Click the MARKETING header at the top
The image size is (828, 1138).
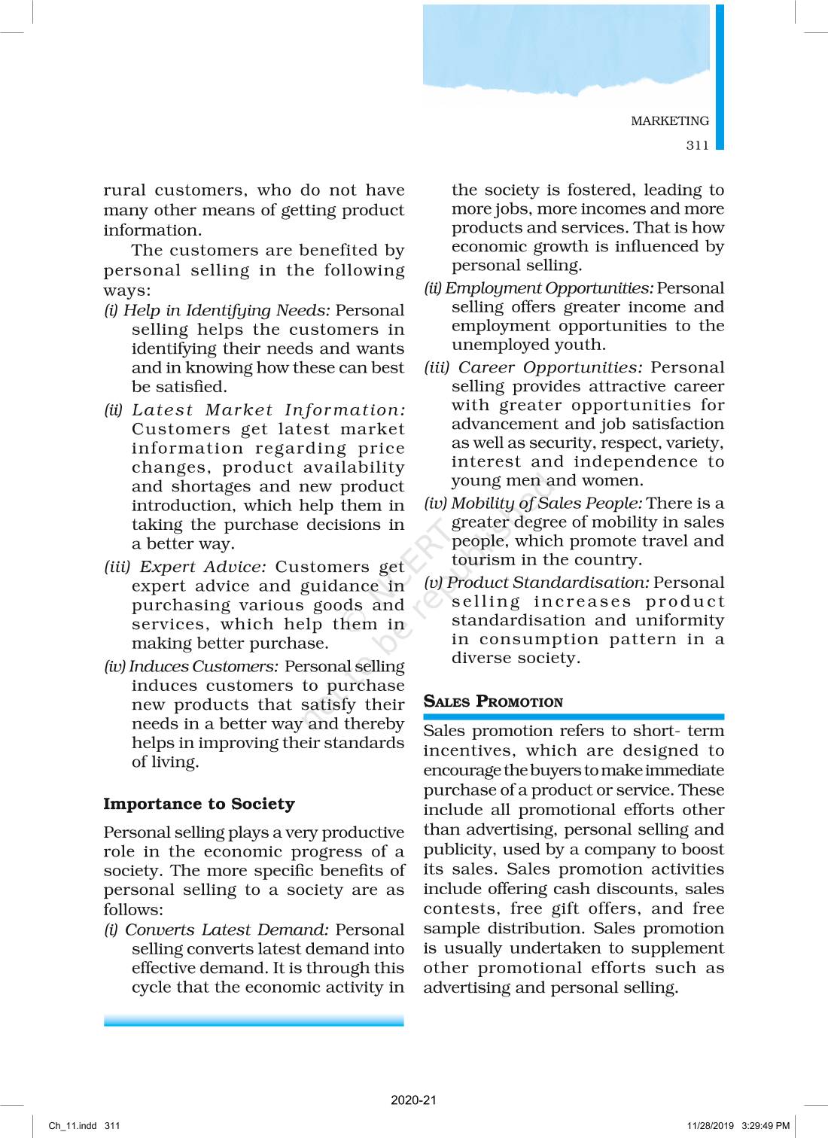pyautogui.click(x=669, y=121)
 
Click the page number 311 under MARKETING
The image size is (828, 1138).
pyautogui.click(x=697, y=145)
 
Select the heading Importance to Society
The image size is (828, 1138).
pyautogui.click(x=199, y=804)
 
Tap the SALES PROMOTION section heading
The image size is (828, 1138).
pyautogui.click(x=493, y=701)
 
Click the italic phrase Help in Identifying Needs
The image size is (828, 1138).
pyautogui.click(x=226, y=310)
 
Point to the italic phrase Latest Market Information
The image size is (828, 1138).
pyautogui.click(x=268, y=410)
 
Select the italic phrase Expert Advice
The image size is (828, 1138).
pyautogui.click(x=202, y=567)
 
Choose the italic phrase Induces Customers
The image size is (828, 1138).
pyautogui.click(x=203, y=666)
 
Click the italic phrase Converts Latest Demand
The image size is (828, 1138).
pyautogui.click(x=226, y=930)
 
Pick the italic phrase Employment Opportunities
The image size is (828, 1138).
pyautogui.click(x=549, y=288)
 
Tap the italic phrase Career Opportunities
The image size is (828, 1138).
pyautogui.click(x=550, y=367)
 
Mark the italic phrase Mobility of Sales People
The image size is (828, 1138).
pyautogui.click(x=546, y=503)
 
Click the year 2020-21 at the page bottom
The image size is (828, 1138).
pyautogui.click(x=413, y=1100)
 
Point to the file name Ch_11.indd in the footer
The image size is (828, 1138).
pyautogui.click(x=72, y=1126)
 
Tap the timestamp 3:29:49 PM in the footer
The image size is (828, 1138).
pyautogui.click(x=766, y=1126)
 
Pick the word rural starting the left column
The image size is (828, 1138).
pyautogui.click(x=125, y=190)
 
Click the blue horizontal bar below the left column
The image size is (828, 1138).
pyautogui.click(x=254, y=1021)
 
